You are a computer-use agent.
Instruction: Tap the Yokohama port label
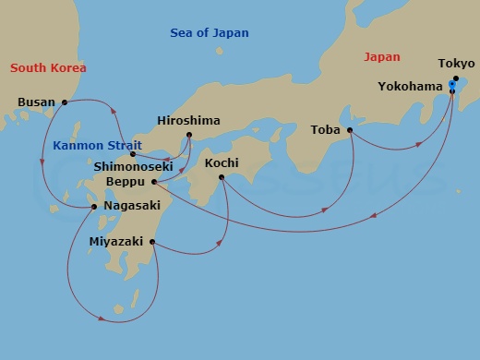(411, 87)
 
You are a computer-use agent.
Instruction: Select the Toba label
(326, 130)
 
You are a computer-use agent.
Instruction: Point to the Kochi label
(222, 162)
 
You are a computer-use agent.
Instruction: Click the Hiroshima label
(189, 121)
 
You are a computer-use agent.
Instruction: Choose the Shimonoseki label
(134, 167)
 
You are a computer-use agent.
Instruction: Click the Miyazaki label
(117, 242)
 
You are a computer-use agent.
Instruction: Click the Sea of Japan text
(210, 33)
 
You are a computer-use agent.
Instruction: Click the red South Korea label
(48, 67)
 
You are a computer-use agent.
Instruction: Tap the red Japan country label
(382, 56)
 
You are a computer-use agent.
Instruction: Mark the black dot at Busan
(64, 102)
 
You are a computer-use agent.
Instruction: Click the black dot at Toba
(350, 130)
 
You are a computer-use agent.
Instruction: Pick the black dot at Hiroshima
(188, 136)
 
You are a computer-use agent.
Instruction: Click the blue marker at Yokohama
(451, 86)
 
